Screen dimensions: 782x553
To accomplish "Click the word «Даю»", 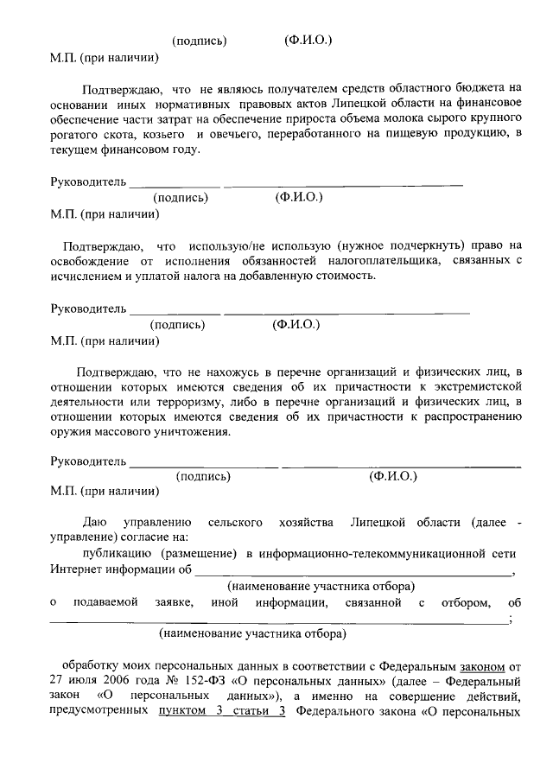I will point(93,524).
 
